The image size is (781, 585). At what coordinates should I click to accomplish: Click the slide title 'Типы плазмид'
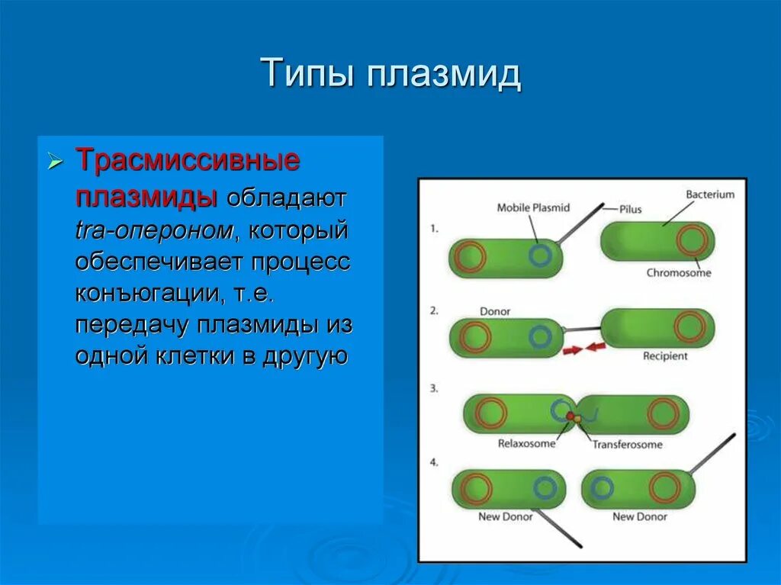pos(390,74)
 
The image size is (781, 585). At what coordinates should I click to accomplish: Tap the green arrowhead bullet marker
pos(55,162)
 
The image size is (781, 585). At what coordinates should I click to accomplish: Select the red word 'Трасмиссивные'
pos(188,160)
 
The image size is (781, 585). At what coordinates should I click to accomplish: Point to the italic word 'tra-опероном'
pos(154,230)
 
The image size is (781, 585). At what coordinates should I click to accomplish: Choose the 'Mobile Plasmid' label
pos(533,207)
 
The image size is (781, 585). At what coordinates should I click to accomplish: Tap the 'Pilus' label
pos(630,209)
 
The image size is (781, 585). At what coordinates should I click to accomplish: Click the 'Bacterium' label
pos(710,194)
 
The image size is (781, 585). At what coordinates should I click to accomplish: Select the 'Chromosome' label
pos(678,272)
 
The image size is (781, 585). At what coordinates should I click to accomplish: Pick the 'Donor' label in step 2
pos(494,311)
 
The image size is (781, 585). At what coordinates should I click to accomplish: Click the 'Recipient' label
pos(665,355)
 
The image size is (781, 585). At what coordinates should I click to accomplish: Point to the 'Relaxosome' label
pos(526,443)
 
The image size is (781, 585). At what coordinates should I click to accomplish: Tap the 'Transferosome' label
pos(627,445)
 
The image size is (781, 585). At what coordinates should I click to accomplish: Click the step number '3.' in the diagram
pos(434,389)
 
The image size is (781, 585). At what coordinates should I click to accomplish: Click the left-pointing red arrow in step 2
pos(595,346)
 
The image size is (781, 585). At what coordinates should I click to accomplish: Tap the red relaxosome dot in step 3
pos(570,416)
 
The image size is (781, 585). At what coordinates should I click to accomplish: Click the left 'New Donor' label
pos(505,516)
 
